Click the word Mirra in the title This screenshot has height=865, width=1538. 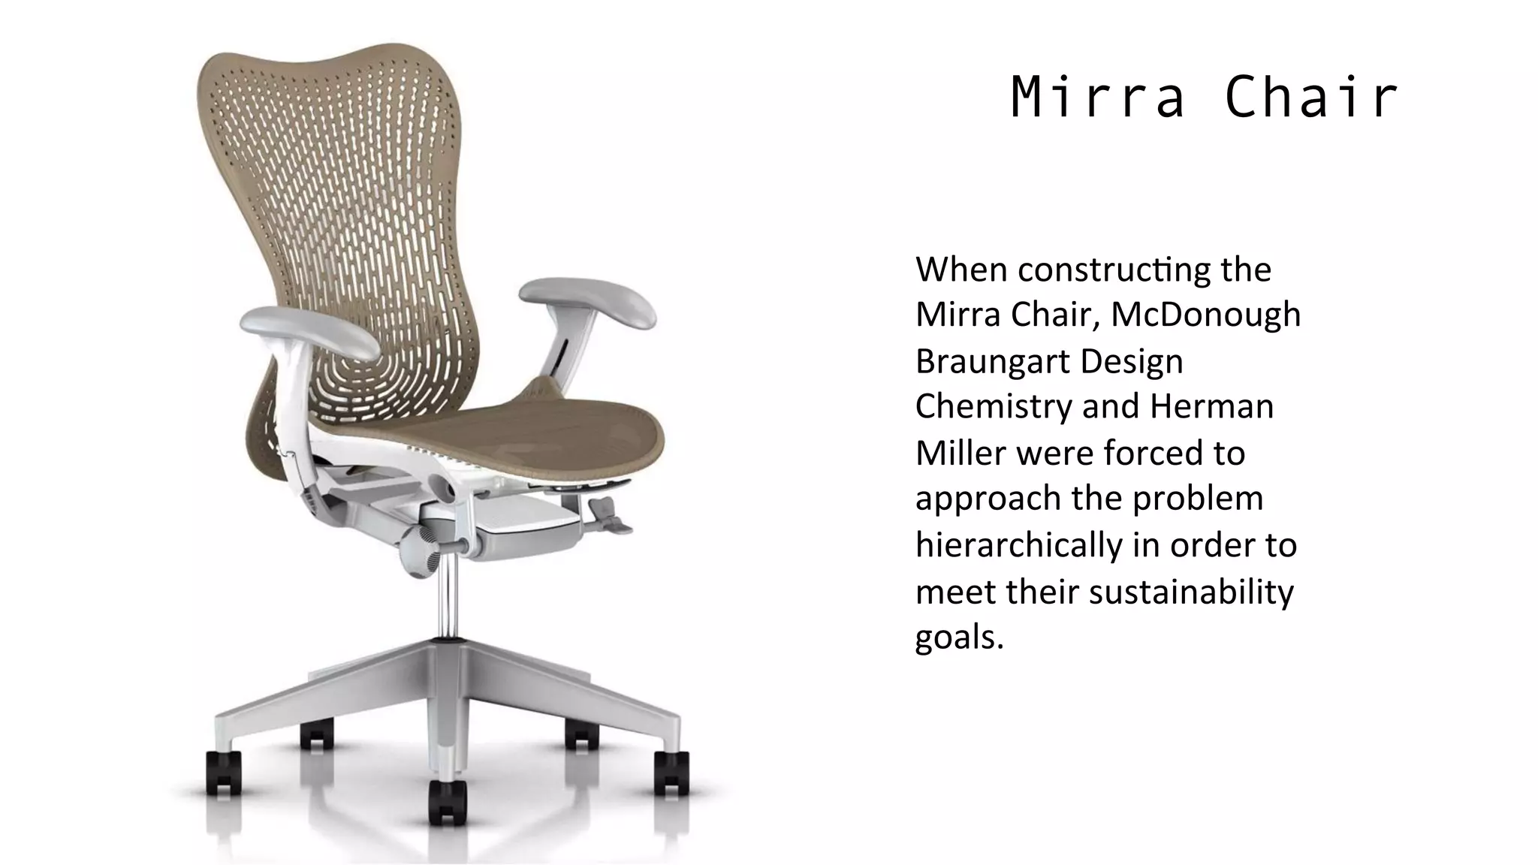[x=1097, y=98]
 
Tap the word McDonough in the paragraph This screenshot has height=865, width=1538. [x=1205, y=315]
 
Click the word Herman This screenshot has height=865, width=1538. [x=1211, y=407]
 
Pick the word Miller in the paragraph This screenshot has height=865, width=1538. [x=960, y=453]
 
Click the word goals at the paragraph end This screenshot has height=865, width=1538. [x=958, y=637]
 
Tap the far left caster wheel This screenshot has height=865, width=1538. [x=223, y=773]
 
